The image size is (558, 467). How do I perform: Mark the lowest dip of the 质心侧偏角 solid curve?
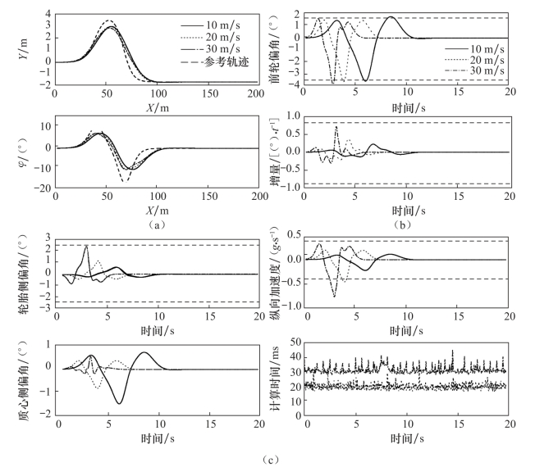click(120, 403)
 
